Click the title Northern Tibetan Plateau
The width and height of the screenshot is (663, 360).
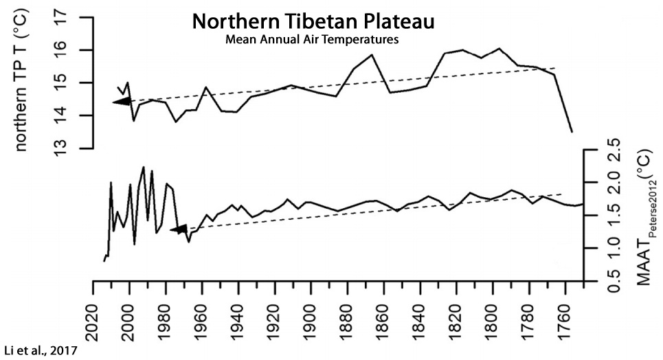(x=313, y=21)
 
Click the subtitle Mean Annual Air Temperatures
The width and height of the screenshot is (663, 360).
(x=312, y=40)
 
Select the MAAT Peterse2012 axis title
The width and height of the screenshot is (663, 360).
(x=640, y=216)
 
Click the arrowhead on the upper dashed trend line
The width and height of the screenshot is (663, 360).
(x=121, y=102)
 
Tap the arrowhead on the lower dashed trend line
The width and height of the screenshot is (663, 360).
(x=178, y=229)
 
